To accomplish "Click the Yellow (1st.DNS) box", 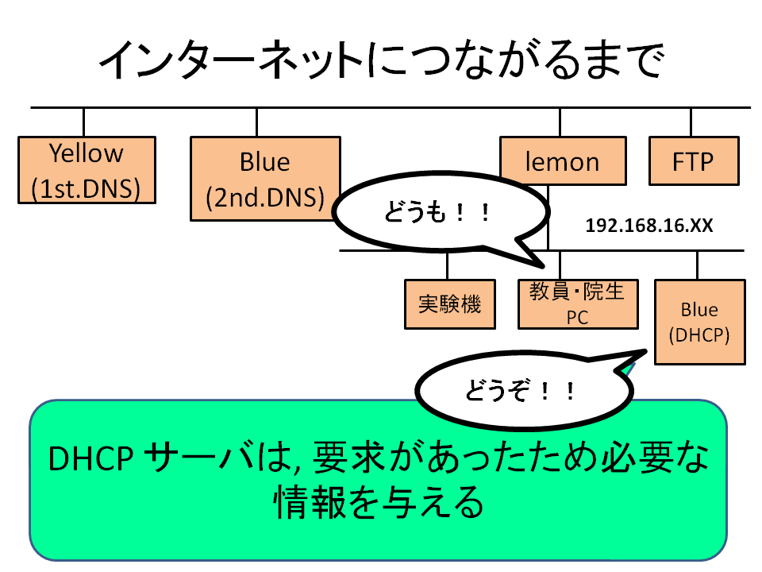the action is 87,170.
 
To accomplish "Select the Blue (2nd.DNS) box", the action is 265,179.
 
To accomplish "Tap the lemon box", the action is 564,161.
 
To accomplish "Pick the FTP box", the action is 694,161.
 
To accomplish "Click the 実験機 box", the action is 450,304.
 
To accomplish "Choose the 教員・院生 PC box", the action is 578,304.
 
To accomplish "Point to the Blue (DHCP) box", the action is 700,322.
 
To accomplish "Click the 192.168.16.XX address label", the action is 648,226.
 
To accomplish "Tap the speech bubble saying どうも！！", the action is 441,212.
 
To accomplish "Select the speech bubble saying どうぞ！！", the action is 525,389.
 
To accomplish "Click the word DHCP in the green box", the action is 90,458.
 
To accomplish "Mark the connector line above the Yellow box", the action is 83,122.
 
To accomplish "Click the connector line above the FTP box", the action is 691,122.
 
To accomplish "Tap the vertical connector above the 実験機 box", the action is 447,265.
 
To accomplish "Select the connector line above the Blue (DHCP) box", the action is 698,265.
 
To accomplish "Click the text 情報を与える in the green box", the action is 379,502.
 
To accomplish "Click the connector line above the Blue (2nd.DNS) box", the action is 256,122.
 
